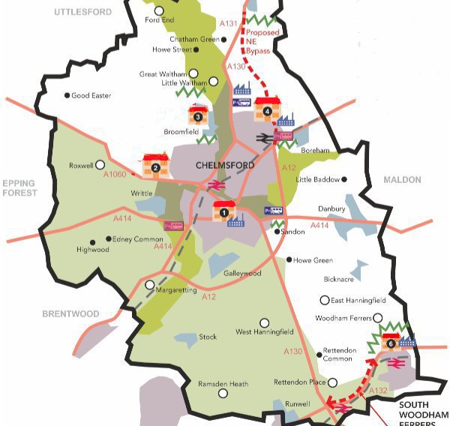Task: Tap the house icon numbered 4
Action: [x=267, y=109]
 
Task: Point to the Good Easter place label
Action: [x=91, y=95]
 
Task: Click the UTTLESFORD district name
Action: [x=82, y=13]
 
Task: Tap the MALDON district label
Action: [x=403, y=180]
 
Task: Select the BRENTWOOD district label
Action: [x=70, y=313]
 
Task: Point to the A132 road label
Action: [x=378, y=391]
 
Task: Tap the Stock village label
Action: [x=208, y=337]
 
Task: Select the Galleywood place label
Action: [x=242, y=274]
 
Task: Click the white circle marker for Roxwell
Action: [x=99, y=165]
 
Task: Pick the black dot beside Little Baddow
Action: [x=344, y=179]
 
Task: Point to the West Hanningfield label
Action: [x=264, y=331]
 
